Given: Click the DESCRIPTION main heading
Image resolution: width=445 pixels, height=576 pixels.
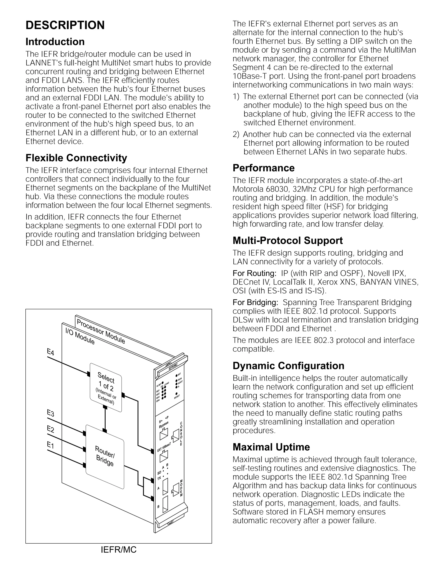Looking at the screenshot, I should click(x=65, y=25).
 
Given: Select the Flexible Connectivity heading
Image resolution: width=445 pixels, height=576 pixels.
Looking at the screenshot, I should click(x=76, y=158).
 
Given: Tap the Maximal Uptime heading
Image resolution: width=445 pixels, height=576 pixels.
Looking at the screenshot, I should click(x=271, y=447).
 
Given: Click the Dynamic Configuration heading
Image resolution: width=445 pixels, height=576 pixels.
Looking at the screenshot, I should click(x=288, y=366).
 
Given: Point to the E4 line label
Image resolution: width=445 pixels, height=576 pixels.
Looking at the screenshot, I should click(x=50, y=352).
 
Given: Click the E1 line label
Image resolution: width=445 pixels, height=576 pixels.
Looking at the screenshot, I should click(x=50, y=445).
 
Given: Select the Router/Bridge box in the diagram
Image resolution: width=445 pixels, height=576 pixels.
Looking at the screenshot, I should click(x=105, y=456).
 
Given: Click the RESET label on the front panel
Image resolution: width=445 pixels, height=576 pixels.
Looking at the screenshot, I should click(x=177, y=396).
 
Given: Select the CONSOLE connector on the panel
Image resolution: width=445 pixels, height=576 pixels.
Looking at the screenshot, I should click(x=176, y=436).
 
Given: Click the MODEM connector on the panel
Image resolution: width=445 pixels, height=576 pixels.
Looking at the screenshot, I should click(x=175, y=488).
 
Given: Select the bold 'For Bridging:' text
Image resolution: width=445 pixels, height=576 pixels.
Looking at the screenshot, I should click(x=255, y=302).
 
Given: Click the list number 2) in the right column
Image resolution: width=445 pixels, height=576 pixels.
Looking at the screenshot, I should click(x=236, y=135).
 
